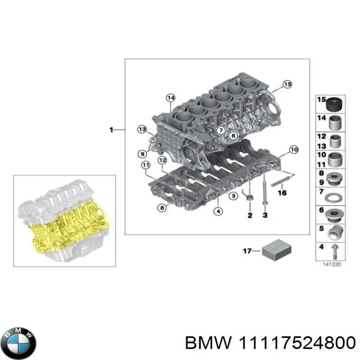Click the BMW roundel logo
[18, 337]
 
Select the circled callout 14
[170, 98]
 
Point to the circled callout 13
[142, 130]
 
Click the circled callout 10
[293, 149]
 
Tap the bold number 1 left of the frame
[111, 130]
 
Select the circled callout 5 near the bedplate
[233, 195]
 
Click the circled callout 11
[145, 166]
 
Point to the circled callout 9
[142, 154]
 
